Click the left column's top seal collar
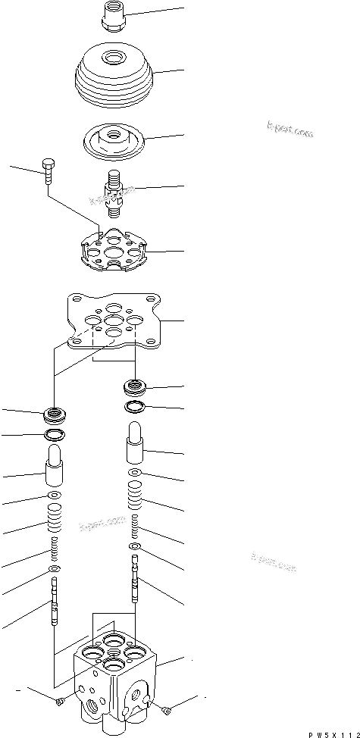click(x=55, y=414)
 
